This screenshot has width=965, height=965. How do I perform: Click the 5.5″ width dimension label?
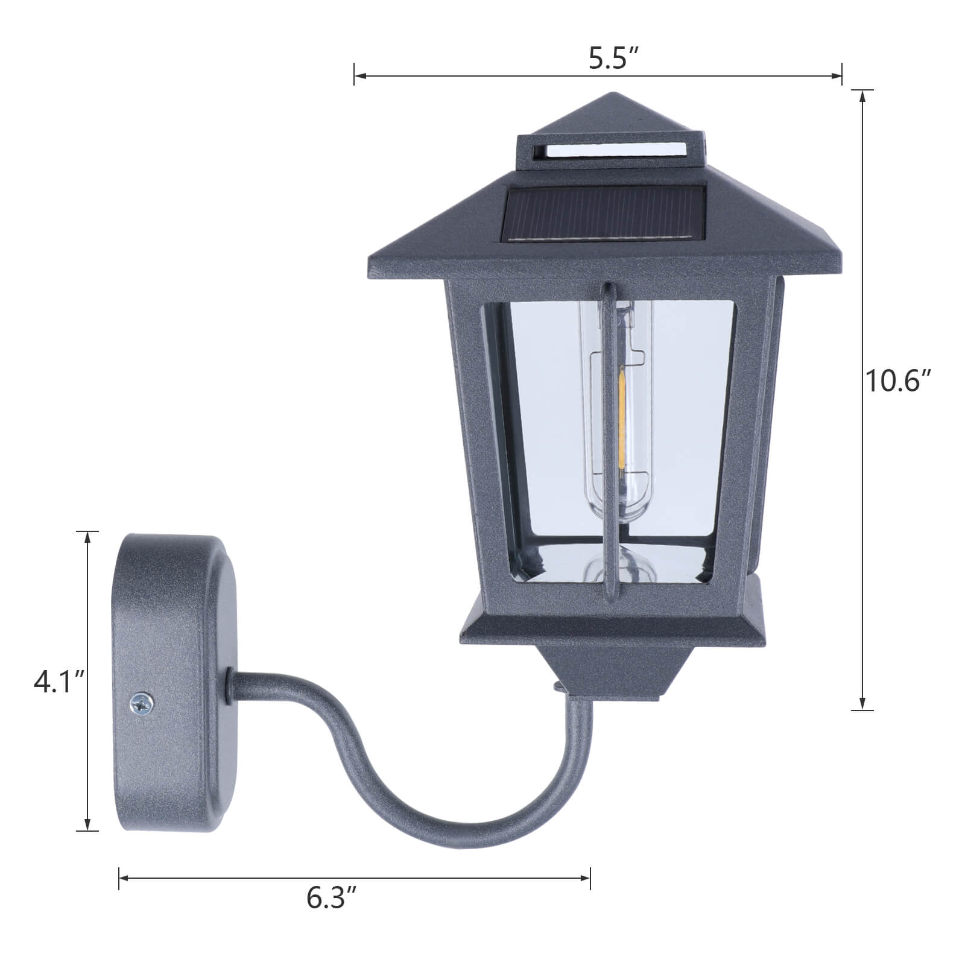coord(613,60)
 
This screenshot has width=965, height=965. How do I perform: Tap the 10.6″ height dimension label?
coord(898,381)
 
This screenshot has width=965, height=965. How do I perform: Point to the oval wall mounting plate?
coord(175,682)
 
